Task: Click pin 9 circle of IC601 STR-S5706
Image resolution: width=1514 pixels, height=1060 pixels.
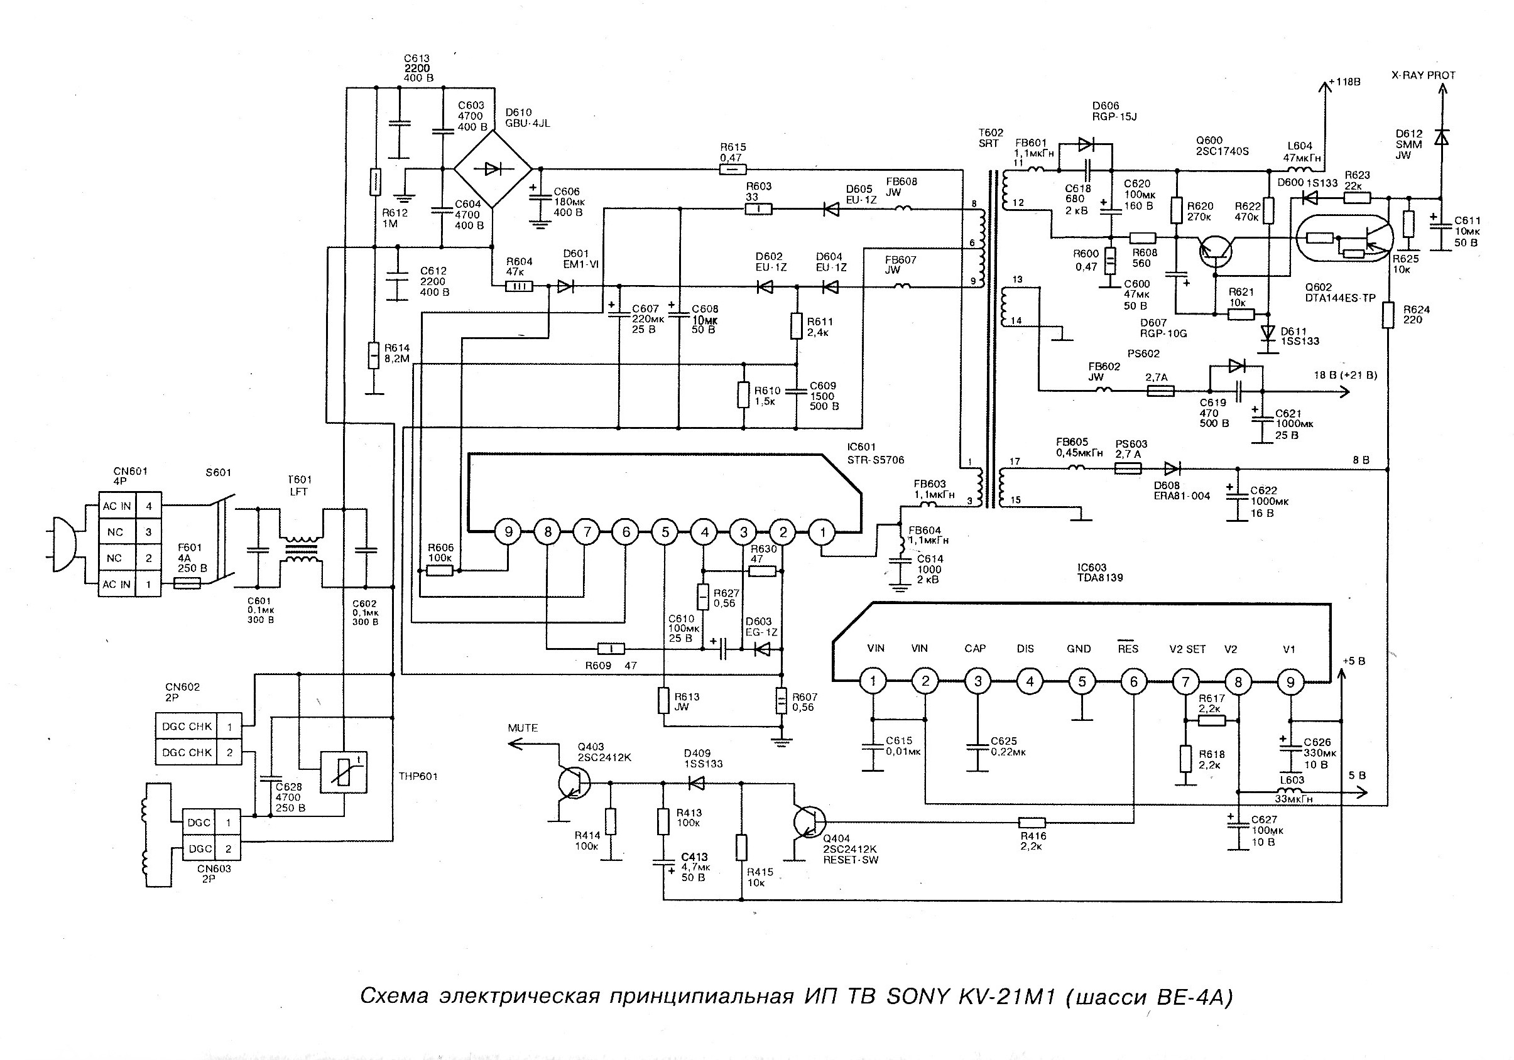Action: (x=508, y=531)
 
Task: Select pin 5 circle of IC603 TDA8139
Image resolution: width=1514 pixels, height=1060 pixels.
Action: (x=1082, y=681)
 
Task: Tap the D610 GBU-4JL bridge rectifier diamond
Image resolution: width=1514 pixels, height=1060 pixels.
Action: (x=493, y=169)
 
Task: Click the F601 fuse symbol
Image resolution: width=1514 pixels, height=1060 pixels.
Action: (x=187, y=583)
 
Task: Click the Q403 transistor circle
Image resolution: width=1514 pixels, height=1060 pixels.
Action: (x=573, y=783)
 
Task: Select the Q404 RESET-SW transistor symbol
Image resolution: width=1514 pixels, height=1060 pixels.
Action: (x=810, y=822)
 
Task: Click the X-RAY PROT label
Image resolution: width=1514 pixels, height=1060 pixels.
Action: (x=1423, y=75)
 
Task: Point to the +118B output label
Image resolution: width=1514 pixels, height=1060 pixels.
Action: (x=1344, y=82)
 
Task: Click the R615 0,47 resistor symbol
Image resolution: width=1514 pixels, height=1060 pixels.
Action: (x=732, y=170)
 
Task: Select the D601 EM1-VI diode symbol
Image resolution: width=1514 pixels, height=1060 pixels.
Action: (x=565, y=286)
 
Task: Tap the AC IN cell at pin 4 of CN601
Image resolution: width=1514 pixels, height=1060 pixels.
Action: (x=117, y=506)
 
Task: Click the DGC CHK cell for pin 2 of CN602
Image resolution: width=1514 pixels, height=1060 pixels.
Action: (x=187, y=752)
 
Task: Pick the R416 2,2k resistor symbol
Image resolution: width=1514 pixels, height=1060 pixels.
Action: (x=1032, y=822)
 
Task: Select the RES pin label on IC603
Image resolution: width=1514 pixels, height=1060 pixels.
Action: (x=1128, y=648)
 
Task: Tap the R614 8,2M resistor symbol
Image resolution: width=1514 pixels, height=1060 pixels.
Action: (x=373, y=355)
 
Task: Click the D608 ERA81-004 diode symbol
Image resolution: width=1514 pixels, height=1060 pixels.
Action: (x=1172, y=468)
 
